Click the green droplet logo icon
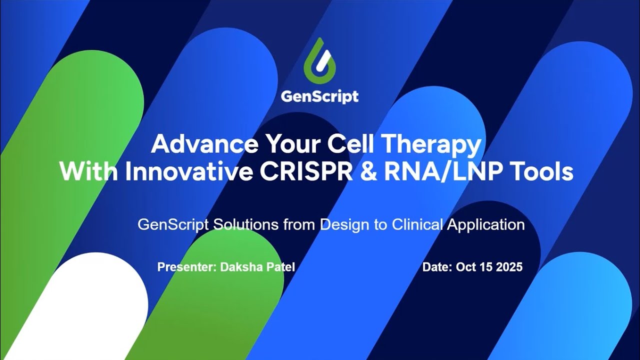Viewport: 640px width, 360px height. [x=319, y=60]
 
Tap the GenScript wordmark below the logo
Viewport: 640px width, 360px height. [x=319, y=96]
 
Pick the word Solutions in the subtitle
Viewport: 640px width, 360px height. [x=245, y=224]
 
